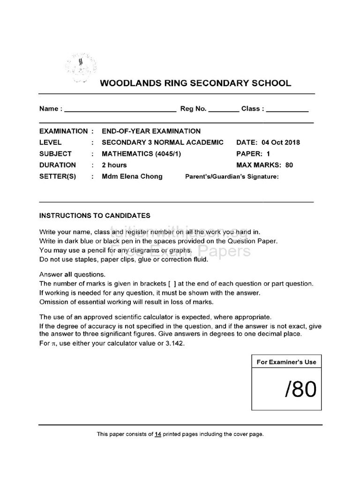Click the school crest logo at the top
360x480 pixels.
point(81,68)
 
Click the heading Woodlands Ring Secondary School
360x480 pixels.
point(195,83)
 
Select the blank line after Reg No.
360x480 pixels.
point(223,111)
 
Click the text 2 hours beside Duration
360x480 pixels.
point(114,165)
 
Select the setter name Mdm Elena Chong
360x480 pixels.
point(132,176)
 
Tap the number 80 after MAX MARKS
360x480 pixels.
point(289,165)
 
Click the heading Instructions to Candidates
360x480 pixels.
point(95,216)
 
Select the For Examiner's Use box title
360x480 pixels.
point(286,362)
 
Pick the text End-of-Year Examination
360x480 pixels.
point(151,131)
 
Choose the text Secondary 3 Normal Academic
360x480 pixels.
point(163,142)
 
